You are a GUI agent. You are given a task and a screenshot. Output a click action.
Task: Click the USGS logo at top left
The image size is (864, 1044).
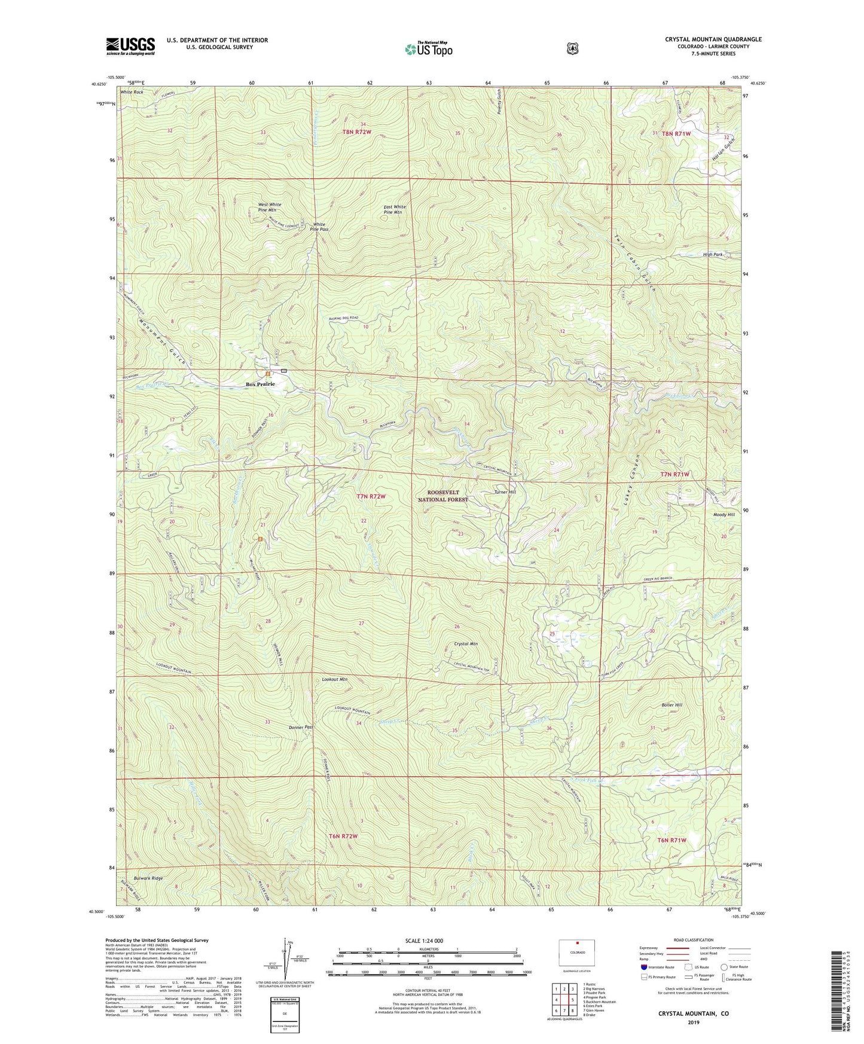click(130, 46)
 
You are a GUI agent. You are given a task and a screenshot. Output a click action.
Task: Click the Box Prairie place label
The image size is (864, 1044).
click(260, 384)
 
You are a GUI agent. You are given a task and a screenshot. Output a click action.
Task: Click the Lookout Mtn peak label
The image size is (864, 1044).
click(334, 679)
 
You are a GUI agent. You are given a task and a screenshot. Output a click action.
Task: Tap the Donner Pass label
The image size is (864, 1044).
click(301, 727)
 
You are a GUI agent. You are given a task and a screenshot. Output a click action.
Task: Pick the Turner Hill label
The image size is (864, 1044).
click(504, 492)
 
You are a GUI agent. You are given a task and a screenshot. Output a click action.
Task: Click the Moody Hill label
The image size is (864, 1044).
click(723, 514)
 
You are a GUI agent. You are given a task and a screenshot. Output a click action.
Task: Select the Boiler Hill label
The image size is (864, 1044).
click(671, 705)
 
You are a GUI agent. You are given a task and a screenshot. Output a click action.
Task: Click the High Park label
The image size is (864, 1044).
click(713, 255)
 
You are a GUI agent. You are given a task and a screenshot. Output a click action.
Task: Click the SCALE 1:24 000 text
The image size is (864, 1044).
click(424, 941)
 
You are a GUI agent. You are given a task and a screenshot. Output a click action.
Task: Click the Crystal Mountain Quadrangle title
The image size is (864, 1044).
click(713, 39)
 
